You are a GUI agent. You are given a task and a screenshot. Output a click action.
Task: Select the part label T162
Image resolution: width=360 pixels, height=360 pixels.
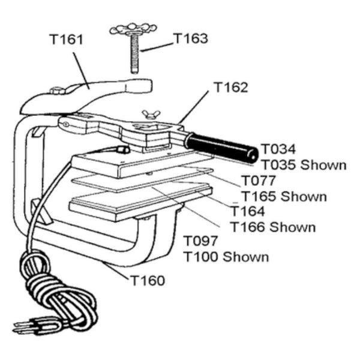coord(230,88)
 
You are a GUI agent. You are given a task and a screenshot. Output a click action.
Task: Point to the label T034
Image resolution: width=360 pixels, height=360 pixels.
coord(278,149)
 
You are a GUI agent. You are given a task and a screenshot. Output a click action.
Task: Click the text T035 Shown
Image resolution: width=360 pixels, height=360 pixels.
coord(302,164)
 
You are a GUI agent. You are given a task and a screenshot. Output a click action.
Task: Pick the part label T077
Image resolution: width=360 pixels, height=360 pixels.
coord(259,180)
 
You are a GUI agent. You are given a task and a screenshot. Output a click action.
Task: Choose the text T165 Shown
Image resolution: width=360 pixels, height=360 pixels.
coord(284,196)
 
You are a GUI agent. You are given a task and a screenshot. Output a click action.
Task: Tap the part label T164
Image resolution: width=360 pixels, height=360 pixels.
coord(248,211)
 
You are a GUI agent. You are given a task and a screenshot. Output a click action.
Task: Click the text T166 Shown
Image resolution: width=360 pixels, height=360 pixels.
coord(273,227)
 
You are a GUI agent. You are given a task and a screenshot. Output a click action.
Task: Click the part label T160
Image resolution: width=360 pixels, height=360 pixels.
coord(147,280)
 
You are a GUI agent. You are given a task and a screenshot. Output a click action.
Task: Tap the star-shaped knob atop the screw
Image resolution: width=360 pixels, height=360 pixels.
coord(133,29)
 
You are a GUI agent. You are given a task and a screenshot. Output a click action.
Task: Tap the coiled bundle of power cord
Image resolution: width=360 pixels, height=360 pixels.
coord(57,294)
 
